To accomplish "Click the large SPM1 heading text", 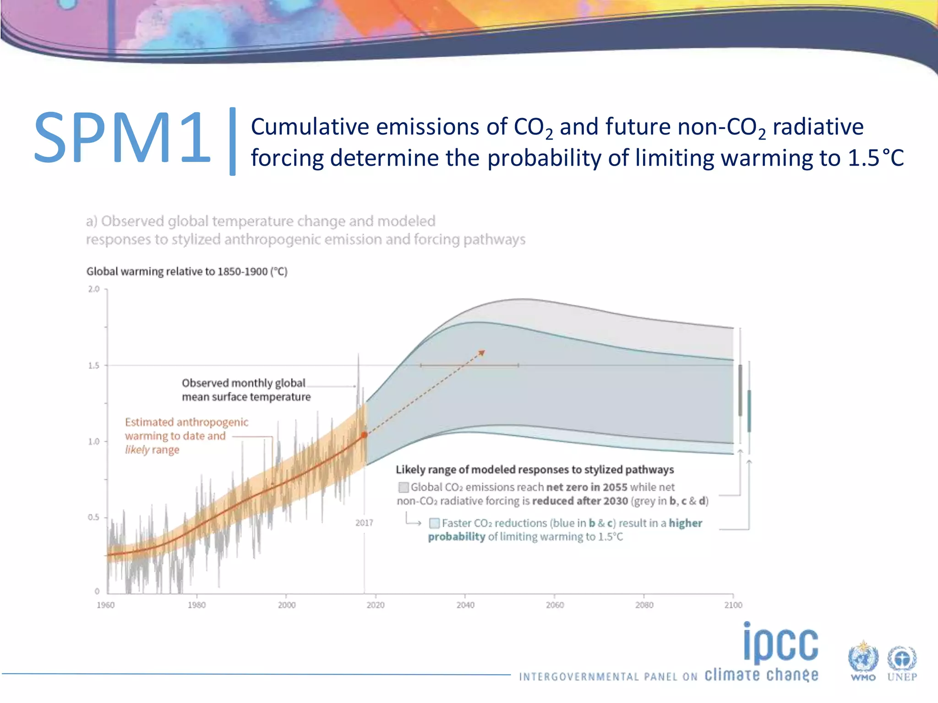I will [122, 137].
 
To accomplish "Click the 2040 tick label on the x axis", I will [465, 605].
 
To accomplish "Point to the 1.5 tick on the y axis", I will [93, 365].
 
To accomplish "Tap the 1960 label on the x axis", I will [105, 605].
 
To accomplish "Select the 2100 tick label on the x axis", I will [733, 605].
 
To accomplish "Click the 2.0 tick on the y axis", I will [93, 289].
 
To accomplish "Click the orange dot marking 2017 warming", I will [364, 435].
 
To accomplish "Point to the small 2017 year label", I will [364, 523].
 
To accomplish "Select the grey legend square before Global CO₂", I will [404, 487].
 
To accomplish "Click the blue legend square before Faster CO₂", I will [434, 523].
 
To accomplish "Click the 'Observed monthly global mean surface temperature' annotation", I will [246, 390].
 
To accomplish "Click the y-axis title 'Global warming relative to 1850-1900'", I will [187, 271].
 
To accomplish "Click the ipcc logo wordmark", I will [780, 643].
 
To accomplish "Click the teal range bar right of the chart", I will [749, 411].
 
